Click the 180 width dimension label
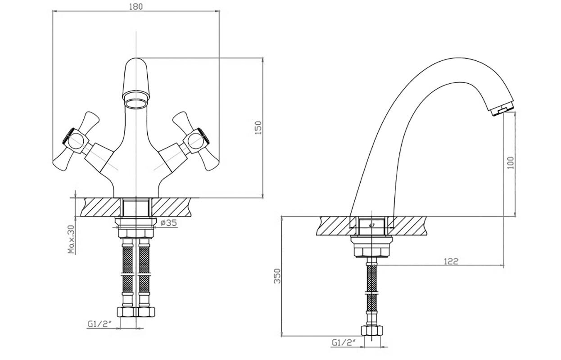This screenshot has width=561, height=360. pyautogui.click(x=136, y=6)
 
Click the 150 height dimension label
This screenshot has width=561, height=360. pyautogui.click(x=258, y=128)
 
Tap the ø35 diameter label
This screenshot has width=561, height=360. pyautogui.click(x=169, y=223)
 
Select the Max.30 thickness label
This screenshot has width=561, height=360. pyautogui.click(x=72, y=239)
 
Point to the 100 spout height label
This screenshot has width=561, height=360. pyautogui.click(x=511, y=163)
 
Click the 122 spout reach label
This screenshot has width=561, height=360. pyautogui.click(x=451, y=261)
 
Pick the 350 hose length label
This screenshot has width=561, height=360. pyautogui.click(x=277, y=276)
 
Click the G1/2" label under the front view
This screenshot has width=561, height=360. pyautogui.click(x=99, y=324)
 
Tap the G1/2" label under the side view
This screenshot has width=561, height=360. pyautogui.click(x=344, y=342)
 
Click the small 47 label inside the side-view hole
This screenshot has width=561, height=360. pyautogui.click(x=371, y=225)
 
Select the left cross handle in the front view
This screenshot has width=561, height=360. pyautogui.click(x=77, y=141)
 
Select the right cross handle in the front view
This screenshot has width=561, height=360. pyautogui.click(x=196, y=141)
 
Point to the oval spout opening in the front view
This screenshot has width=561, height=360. pyautogui.click(x=136, y=103)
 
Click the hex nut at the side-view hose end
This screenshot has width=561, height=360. pyautogui.click(x=372, y=331)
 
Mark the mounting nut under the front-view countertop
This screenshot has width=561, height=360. pyautogui.click(x=136, y=228)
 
